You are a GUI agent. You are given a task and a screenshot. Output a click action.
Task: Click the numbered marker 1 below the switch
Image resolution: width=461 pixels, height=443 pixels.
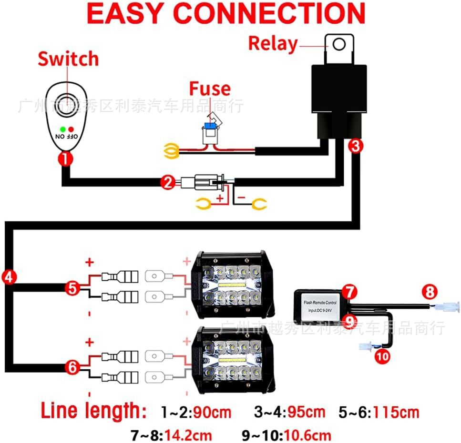(65, 158)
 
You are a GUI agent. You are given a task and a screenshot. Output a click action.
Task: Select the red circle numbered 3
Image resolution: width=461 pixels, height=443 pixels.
(354, 146)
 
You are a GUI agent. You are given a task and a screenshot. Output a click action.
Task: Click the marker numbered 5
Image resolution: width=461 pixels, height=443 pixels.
(72, 287)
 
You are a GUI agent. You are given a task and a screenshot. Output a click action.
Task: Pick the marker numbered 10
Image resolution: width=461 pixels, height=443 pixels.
(382, 355)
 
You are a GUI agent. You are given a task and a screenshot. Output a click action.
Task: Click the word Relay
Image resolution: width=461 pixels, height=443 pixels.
(273, 44)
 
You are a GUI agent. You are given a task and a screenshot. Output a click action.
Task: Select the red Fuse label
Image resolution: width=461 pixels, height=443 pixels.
(209, 89)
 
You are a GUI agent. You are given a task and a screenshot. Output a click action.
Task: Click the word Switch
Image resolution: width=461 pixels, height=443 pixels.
(68, 59)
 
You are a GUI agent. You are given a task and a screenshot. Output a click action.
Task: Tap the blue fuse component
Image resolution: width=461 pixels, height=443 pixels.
(208, 127)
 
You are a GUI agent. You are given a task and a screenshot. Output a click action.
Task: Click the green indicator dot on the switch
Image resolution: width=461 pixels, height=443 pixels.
(62, 128)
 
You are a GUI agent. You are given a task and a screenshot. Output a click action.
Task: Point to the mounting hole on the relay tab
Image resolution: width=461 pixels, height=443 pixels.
(339, 44)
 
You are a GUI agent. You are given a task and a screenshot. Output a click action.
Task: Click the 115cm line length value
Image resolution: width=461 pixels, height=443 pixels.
(396, 412)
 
